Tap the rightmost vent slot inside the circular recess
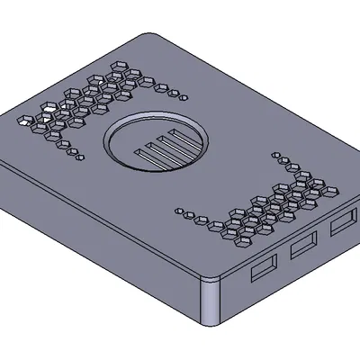pos(183,138)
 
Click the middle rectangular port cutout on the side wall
pos(303,244)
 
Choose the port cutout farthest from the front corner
pos(342,221)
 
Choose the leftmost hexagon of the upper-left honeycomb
pos(26,118)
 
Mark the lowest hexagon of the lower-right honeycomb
pos(244,240)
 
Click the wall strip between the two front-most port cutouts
pos(283,257)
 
